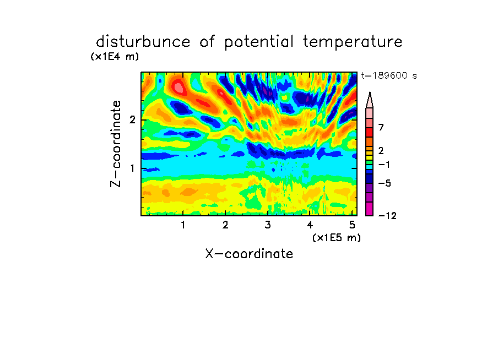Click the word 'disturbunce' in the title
[x=143, y=41]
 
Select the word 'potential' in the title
[x=258, y=42]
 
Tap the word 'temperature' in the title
[x=353, y=42]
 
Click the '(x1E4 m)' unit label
[x=115, y=57]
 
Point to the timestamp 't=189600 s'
[x=389, y=75]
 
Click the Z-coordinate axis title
[x=115, y=144]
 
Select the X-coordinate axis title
[x=249, y=254]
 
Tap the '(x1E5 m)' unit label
[x=337, y=237]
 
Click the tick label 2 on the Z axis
[x=132, y=120]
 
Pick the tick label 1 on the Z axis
[x=132, y=168]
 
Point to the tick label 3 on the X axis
[x=268, y=225]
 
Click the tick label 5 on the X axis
[x=352, y=225]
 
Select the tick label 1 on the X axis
[x=183, y=225]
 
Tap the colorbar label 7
[x=381, y=127]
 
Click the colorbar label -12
[x=387, y=216]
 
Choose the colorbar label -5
[x=385, y=183]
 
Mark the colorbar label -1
[x=384, y=165]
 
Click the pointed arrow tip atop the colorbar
[x=370, y=92]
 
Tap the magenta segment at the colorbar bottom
[x=370, y=209]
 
